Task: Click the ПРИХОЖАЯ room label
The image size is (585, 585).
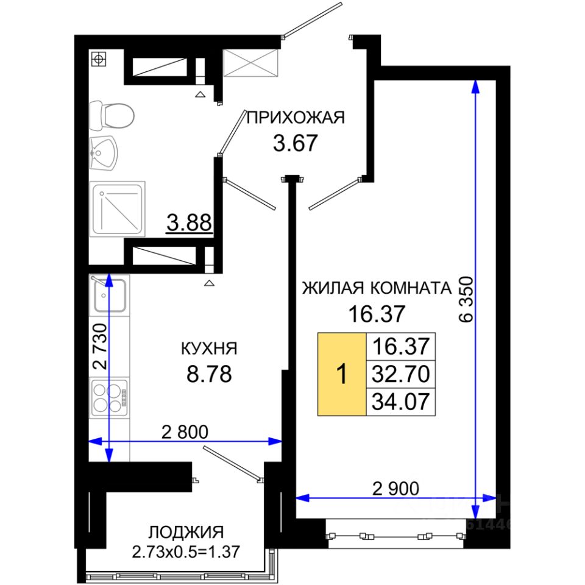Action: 295,118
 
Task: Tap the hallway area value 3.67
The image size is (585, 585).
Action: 295,143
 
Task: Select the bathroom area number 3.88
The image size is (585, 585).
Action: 189,223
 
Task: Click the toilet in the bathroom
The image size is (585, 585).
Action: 112,115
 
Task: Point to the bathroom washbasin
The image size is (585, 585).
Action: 104,153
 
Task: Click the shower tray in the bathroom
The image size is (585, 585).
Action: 118,208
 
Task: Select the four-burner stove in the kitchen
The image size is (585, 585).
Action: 109,398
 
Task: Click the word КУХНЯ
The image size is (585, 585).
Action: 209,349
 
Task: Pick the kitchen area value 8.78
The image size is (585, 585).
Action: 209,374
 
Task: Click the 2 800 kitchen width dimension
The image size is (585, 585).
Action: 185,432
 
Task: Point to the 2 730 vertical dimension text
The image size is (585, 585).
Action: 99,347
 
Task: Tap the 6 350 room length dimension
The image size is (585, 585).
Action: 466,299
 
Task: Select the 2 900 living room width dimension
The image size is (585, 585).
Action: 396,488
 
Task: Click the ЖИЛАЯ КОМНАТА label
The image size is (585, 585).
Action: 377,288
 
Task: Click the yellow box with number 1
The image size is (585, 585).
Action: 342,374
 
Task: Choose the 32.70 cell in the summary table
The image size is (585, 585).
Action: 401,374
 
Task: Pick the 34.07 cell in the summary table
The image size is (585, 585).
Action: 401,402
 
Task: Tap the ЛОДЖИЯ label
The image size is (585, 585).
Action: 186,533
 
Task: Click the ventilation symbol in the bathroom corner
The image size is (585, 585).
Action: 99,59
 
